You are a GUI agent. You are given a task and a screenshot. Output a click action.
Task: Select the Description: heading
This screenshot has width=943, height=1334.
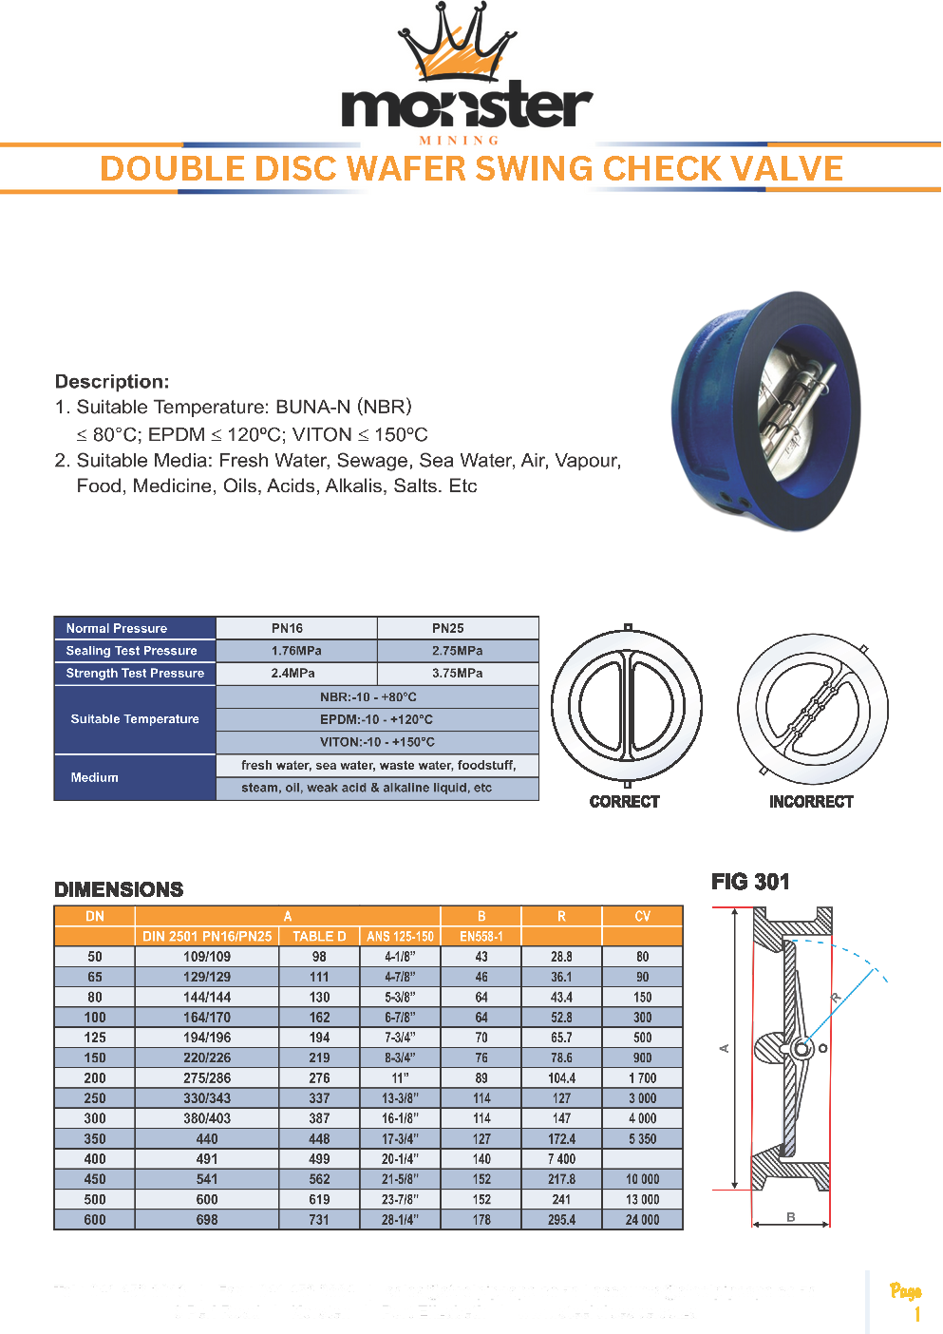pos(112,382)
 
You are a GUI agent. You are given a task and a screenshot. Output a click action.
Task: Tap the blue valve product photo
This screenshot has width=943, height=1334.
pos(765,410)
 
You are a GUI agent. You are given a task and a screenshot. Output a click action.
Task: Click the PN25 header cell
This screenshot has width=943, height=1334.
pos(448,628)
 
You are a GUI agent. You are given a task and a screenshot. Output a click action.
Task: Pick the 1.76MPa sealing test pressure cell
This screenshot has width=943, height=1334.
pos(296,651)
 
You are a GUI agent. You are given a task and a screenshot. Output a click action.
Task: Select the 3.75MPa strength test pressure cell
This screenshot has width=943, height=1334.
pos(458,673)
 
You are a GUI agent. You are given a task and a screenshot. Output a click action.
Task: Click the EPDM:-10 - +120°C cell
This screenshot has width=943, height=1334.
pos(377,719)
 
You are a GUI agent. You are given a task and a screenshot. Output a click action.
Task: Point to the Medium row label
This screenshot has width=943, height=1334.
pos(95,777)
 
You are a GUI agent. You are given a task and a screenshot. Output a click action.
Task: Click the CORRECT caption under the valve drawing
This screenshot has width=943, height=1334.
pos(624,802)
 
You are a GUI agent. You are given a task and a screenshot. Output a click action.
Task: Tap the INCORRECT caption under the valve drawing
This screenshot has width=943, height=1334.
pos(811,802)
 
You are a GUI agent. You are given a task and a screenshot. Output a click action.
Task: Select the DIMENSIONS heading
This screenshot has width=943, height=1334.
pos(119,889)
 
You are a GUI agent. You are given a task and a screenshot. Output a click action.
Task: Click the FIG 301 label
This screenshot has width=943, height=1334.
pos(750,882)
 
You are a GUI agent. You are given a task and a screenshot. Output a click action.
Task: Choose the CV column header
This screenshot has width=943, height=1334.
pos(643,917)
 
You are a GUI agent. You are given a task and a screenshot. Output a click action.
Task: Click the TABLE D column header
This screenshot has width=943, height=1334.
pos(319,937)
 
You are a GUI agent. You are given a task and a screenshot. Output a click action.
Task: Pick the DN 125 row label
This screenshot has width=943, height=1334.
pos(95,1038)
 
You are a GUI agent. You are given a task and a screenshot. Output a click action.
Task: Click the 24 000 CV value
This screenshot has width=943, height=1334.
pos(643,1220)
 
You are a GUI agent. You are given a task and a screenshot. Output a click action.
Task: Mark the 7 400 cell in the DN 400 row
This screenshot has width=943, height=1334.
pos(561,1159)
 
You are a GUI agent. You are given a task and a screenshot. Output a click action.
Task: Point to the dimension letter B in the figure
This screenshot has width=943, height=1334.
pos(791,1217)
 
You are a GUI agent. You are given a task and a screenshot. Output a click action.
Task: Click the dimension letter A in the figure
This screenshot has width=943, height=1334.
pos(724,1048)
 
